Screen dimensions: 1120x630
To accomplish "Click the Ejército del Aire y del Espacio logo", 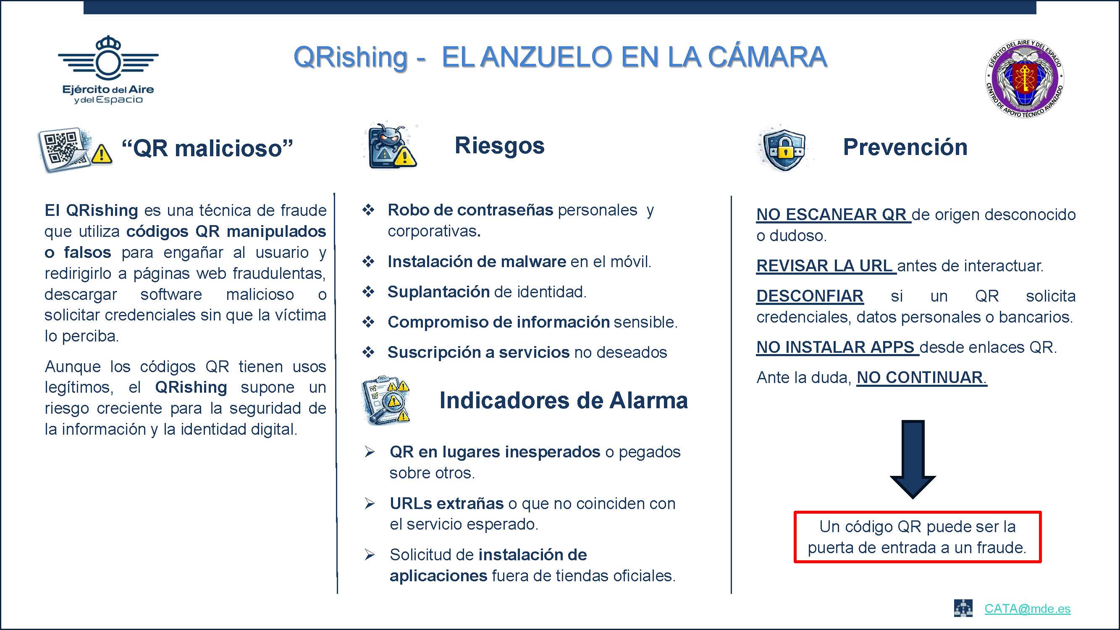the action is click(x=108, y=70).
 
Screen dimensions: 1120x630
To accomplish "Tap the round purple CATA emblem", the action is click(x=1024, y=79).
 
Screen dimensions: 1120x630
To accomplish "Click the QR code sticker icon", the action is click(x=75, y=150).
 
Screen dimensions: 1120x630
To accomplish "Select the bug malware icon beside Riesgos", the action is click(x=390, y=146).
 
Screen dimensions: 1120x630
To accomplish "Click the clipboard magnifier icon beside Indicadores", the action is click(x=386, y=399).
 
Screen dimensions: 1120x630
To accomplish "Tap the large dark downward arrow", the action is click(x=913, y=459).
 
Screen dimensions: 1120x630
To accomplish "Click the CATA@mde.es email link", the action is click(x=1027, y=608).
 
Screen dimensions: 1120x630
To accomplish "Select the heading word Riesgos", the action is click(x=500, y=146).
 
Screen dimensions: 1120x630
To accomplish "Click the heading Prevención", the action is click(x=905, y=147).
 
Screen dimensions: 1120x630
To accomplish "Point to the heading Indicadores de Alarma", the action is click(x=564, y=400).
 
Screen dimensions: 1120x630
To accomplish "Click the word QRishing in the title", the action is click(x=350, y=58).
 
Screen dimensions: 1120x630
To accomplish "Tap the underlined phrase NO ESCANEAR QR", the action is click(x=834, y=214).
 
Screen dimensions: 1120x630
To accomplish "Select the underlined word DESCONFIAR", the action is click(x=810, y=296).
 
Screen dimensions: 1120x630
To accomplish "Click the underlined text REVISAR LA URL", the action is click(x=826, y=266).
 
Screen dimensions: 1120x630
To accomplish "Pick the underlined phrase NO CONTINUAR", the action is click(x=921, y=378).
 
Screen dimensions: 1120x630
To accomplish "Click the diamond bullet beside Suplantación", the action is click(x=369, y=292).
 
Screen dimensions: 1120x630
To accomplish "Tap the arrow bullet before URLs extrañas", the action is click(x=370, y=504).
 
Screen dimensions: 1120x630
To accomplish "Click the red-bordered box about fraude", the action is click(x=918, y=537).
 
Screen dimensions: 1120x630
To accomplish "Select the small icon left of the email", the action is click(x=963, y=608).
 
